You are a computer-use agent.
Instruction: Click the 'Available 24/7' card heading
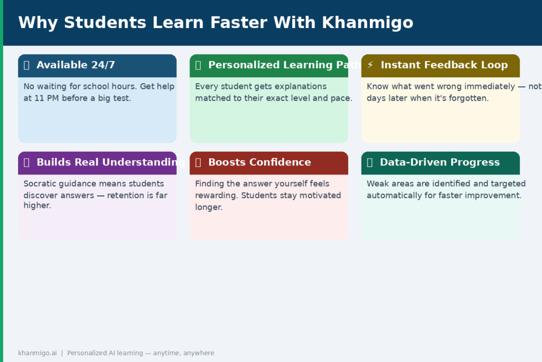[76, 65]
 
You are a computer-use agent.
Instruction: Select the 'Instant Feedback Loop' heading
[444, 65]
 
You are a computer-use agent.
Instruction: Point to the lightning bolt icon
[370, 65]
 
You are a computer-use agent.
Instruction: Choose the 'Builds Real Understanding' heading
[111, 162]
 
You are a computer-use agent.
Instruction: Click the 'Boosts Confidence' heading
[259, 162]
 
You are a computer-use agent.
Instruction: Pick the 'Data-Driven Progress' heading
[439, 162]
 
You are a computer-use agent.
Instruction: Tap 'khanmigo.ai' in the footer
[37, 353]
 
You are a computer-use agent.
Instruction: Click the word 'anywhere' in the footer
[198, 353]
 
